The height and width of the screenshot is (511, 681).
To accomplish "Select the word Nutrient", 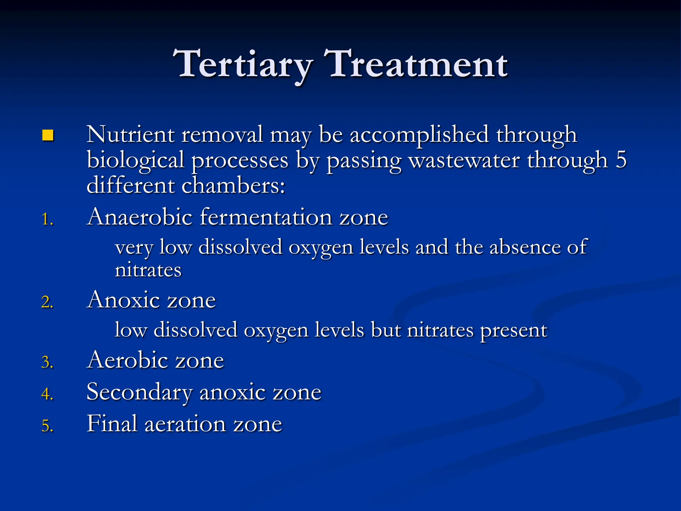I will click(x=130, y=134).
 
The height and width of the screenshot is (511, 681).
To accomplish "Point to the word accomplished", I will click(x=419, y=135).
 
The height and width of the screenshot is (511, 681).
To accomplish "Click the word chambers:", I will click(x=233, y=186).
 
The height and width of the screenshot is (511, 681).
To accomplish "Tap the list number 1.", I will click(x=47, y=220).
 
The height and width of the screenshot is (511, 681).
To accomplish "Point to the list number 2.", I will click(x=47, y=302).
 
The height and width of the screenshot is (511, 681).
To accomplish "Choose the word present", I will click(x=513, y=331).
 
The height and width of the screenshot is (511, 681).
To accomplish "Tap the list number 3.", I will click(x=47, y=362).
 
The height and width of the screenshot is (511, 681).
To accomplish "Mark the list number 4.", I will click(x=47, y=394).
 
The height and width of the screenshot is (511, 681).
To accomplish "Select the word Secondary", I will click(x=139, y=392).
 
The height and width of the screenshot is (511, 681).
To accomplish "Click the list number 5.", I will click(x=47, y=426).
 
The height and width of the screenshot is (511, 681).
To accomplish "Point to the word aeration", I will click(x=185, y=424).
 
